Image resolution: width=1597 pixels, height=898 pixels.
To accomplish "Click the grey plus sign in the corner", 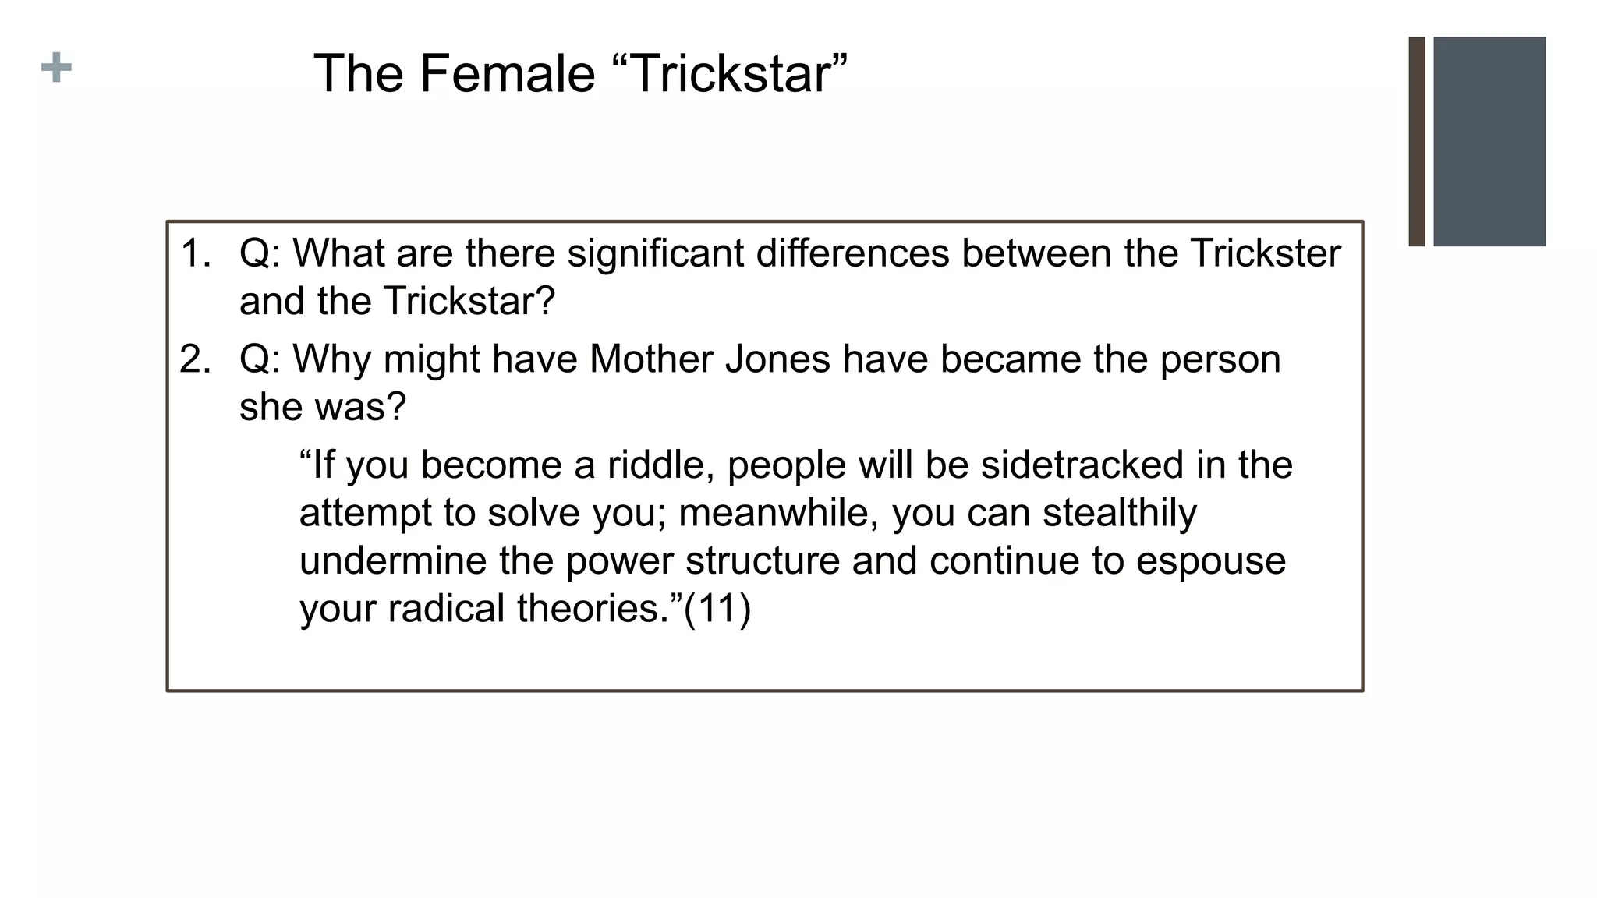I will tap(56, 68).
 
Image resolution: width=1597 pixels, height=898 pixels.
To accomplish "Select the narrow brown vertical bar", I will tap(1416, 141).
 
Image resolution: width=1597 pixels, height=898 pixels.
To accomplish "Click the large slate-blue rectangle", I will tap(1489, 141).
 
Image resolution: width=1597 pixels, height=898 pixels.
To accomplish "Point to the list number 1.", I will tap(195, 253).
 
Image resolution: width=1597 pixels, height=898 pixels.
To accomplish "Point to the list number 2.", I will tap(195, 359).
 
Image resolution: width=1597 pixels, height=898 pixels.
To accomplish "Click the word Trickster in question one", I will tap(1265, 253).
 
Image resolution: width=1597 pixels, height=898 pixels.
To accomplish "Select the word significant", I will tap(655, 253).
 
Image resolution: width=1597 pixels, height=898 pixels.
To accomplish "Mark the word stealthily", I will tap(1119, 514).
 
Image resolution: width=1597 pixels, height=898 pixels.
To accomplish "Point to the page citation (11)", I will tap(717, 609).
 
